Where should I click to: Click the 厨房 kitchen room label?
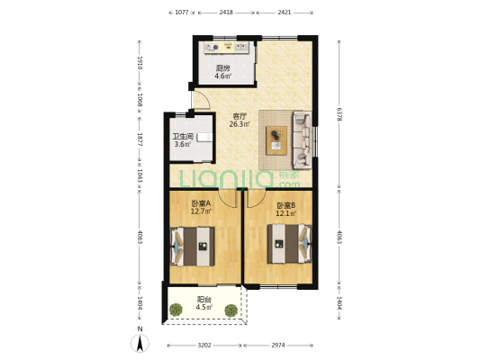(x=222, y=67)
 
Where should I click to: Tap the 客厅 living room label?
(x=240, y=116)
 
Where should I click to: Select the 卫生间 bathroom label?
(x=183, y=137)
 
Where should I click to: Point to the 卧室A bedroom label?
(x=201, y=203)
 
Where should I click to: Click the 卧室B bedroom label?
(x=285, y=205)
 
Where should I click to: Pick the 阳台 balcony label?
(x=204, y=299)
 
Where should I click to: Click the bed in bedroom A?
(x=192, y=247)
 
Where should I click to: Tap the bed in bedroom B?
(x=290, y=244)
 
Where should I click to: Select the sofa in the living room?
(x=303, y=140)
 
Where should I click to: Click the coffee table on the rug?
(x=276, y=140)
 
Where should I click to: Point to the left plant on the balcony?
(x=176, y=310)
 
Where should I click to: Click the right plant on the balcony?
(x=231, y=310)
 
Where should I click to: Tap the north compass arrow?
(x=140, y=343)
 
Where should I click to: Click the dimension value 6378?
(x=339, y=114)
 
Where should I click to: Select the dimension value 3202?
(x=204, y=346)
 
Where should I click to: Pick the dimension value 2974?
(x=278, y=346)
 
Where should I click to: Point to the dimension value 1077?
(x=181, y=13)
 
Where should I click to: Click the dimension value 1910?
(x=140, y=63)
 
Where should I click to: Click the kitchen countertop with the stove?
(x=227, y=48)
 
